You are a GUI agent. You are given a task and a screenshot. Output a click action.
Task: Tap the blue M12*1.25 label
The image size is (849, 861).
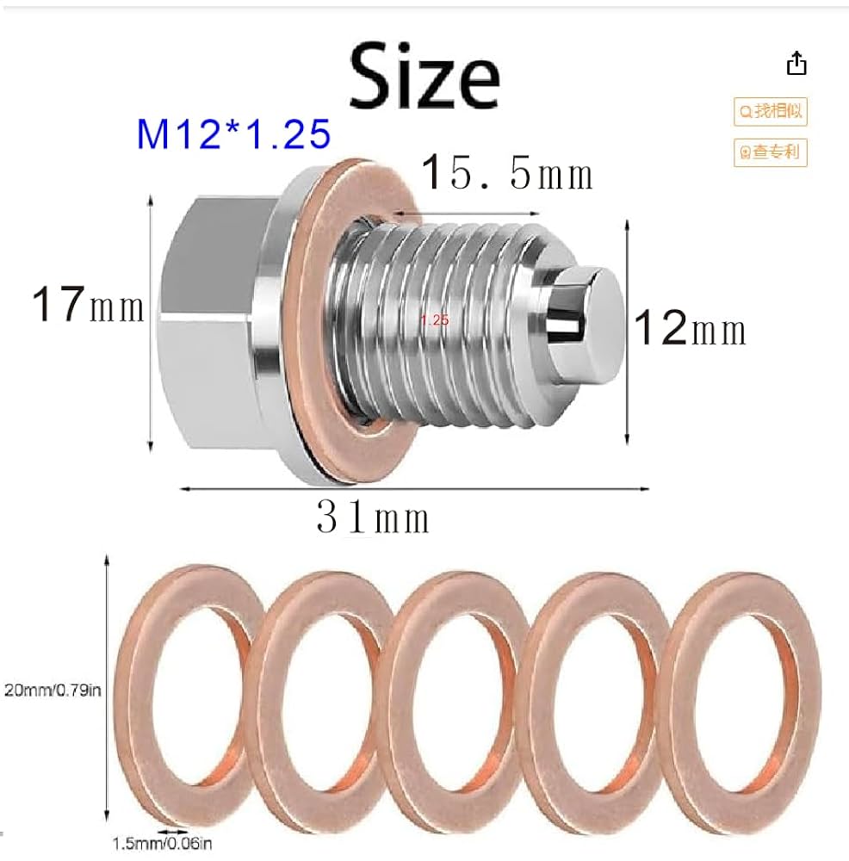(x=233, y=134)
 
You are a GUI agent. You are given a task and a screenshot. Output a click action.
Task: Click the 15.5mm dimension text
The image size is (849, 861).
(x=507, y=173)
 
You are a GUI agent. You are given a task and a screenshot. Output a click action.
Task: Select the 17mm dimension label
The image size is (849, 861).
(x=88, y=306)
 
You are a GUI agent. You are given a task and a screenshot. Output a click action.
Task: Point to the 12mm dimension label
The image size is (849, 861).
(x=690, y=328)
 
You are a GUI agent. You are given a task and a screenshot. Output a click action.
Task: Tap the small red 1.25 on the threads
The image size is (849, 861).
(x=435, y=319)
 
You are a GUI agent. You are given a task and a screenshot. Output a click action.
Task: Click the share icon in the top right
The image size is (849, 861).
(x=796, y=64)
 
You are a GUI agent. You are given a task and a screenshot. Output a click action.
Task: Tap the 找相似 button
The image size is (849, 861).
(x=771, y=111)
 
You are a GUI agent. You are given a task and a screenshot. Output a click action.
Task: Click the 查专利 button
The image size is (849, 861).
(x=771, y=153)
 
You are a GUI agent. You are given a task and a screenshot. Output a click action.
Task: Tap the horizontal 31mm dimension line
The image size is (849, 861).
(x=413, y=489)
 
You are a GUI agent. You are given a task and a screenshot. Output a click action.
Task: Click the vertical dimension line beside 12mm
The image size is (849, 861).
(x=626, y=327)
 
